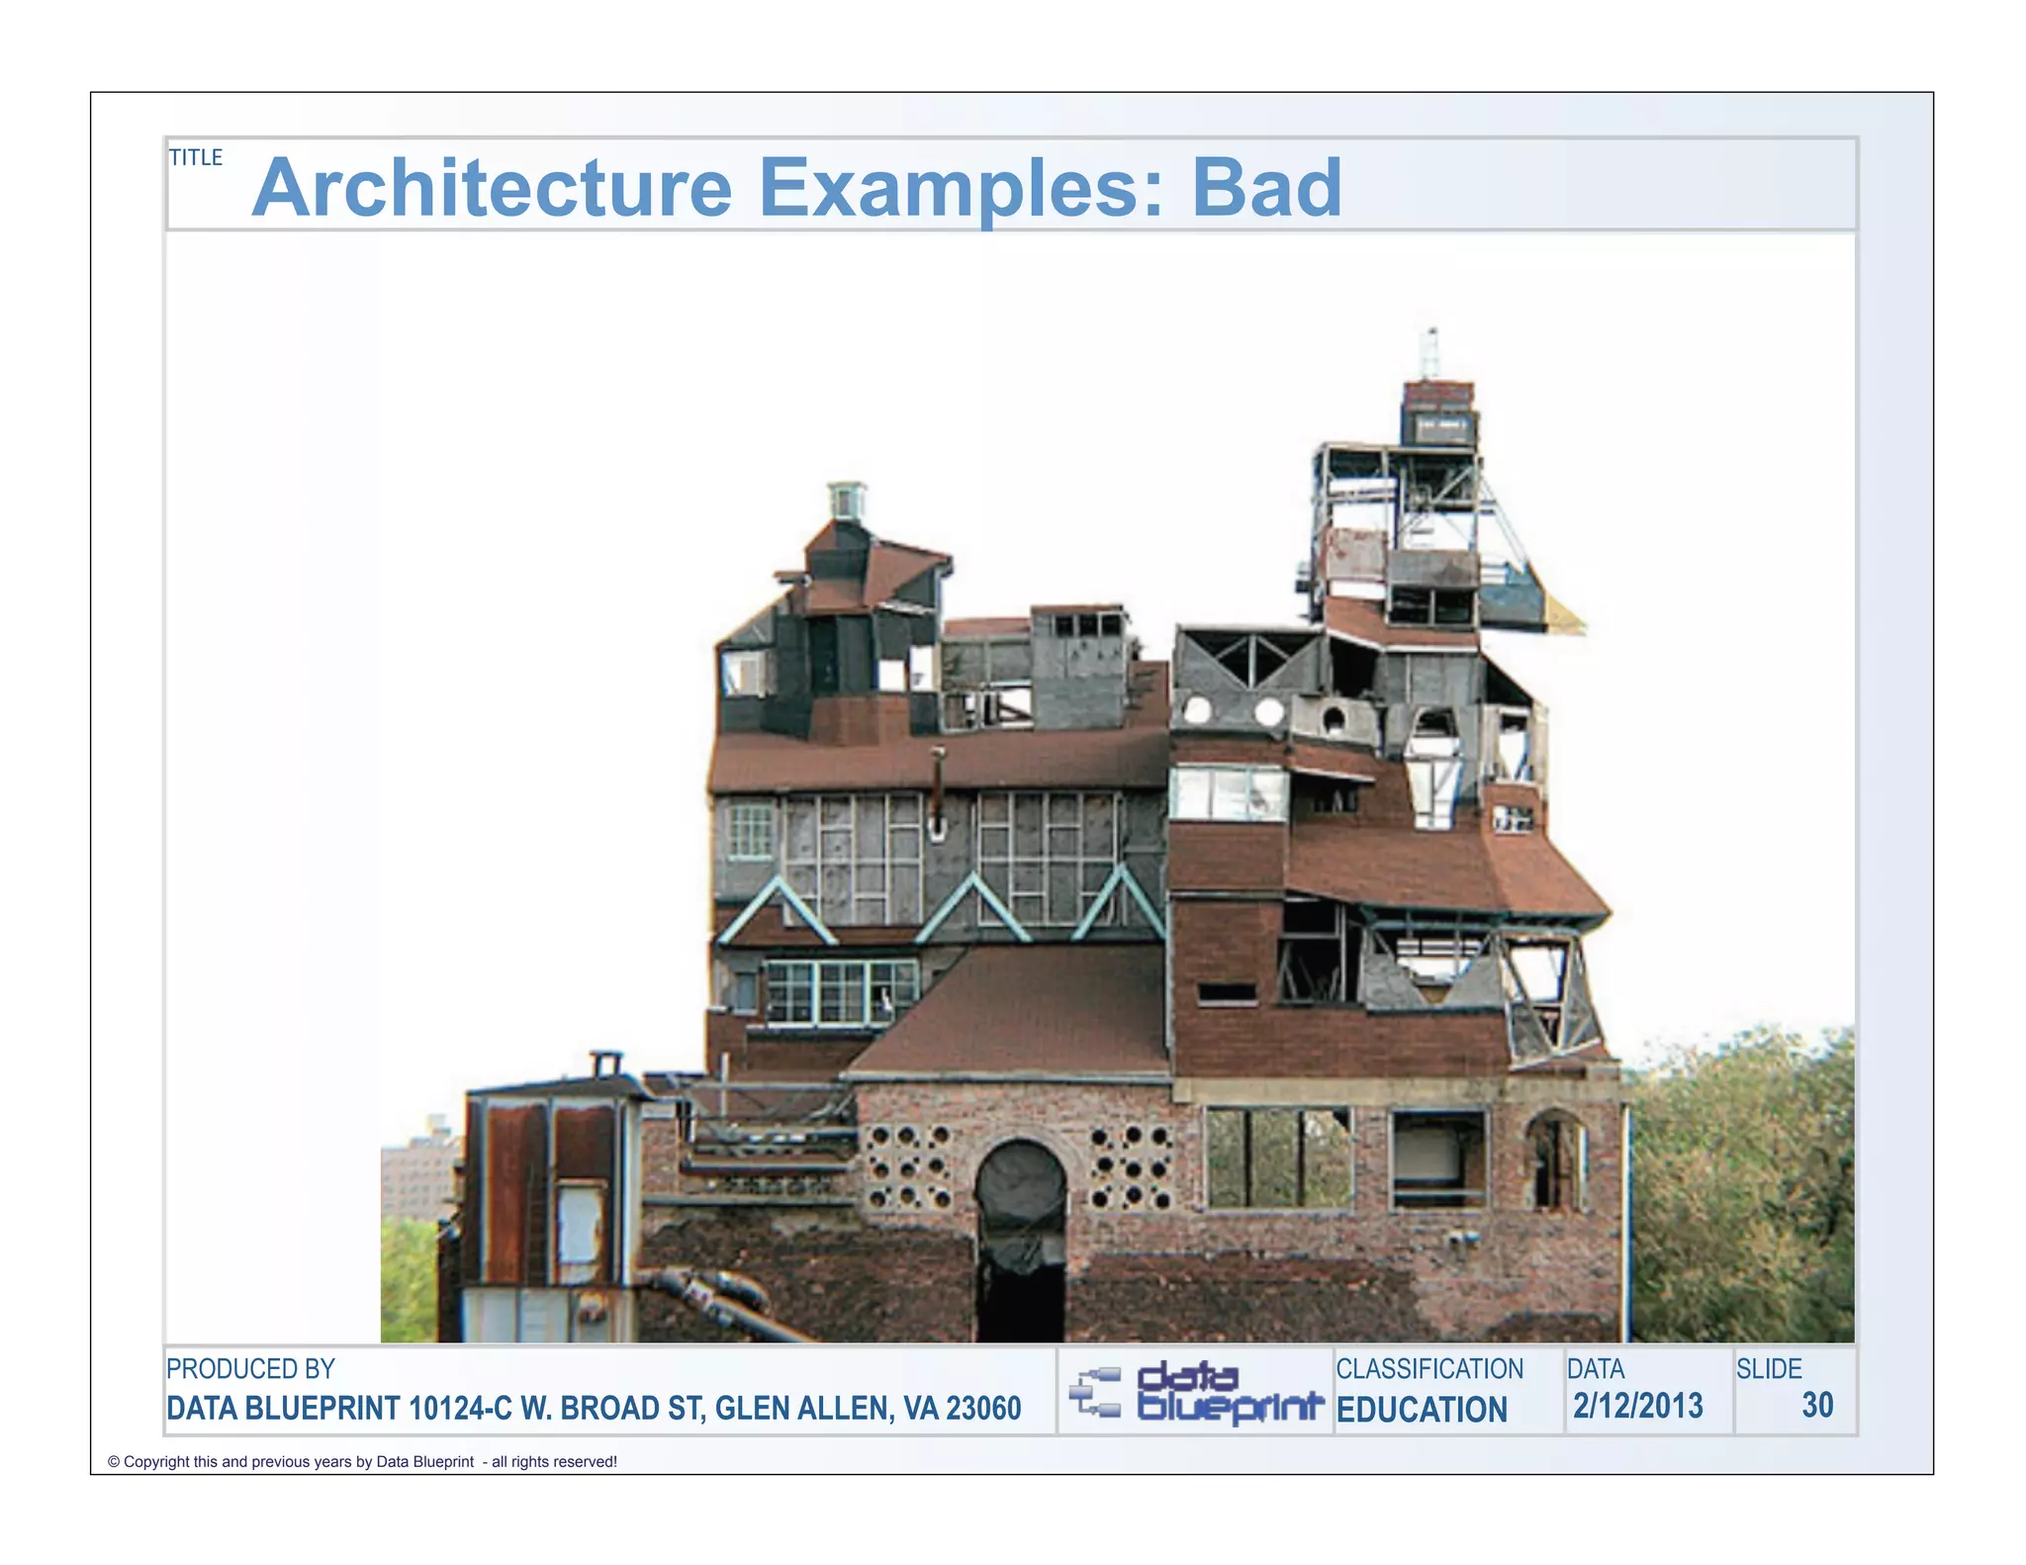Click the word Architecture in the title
(492, 188)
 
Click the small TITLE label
(196, 157)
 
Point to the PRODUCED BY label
(250, 1369)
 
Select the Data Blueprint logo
(1195, 1393)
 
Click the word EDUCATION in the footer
(1422, 1410)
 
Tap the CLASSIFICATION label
(1429, 1369)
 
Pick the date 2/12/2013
(1638, 1406)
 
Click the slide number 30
(1817, 1405)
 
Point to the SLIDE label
(1769, 1369)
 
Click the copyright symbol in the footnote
(114, 1462)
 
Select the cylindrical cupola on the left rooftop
(847, 501)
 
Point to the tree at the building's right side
(1741, 1187)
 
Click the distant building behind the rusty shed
(419, 1172)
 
